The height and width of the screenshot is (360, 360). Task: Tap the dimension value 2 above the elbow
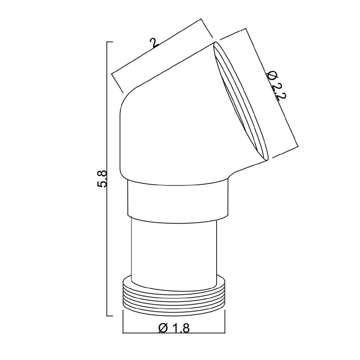(x=154, y=43)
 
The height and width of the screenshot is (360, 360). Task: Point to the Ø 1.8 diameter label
(x=174, y=329)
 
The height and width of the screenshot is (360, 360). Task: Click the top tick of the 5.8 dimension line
(x=110, y=42)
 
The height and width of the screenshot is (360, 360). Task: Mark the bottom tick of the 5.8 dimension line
(x=110, y=316)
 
